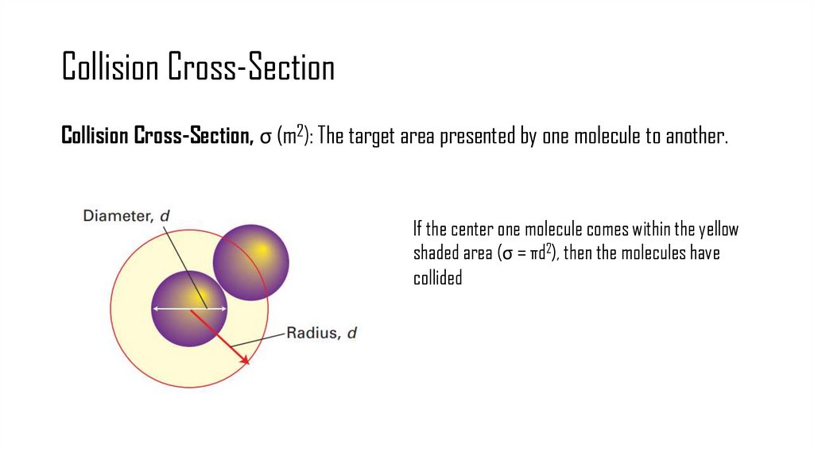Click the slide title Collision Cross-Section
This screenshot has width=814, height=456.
(x=198, y=68)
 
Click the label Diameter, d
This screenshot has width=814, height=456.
(x=126, y=215)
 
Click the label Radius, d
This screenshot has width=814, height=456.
(x=322, y=334)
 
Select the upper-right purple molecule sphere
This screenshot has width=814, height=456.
(x=251, y=261)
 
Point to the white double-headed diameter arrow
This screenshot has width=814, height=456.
(x=189, y=308)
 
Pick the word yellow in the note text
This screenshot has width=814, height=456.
(x=719, y=230)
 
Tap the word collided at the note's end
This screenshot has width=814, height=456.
(x=437, y=279)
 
